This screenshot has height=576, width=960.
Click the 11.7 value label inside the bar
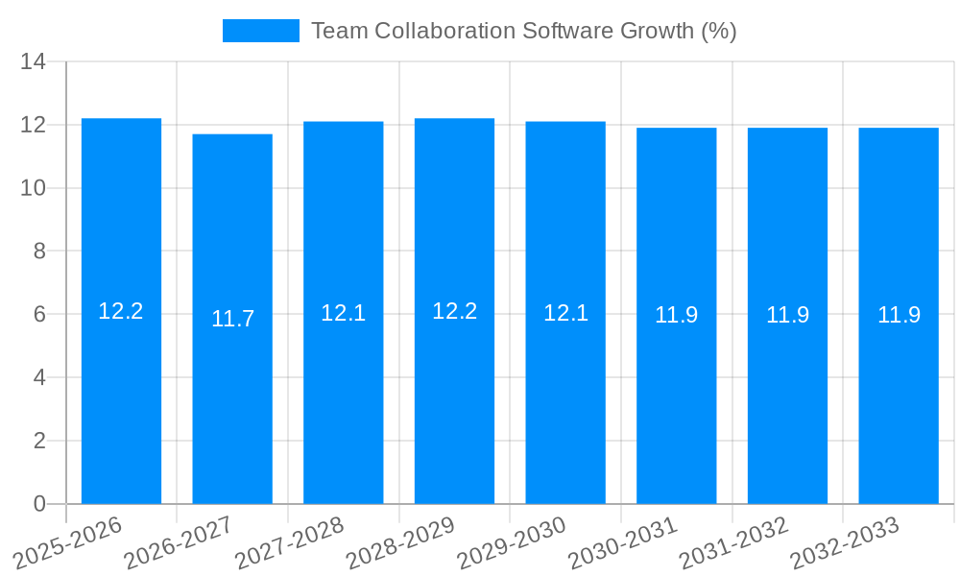pyautogui.click(x=232, y=319)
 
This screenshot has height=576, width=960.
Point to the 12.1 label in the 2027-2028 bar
pyautogui.click(x=343, y=313)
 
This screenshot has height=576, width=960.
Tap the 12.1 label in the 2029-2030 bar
pyautogui.click(x=565, y=313)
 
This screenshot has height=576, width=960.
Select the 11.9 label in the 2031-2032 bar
pyautogui.click(x=787, y=315)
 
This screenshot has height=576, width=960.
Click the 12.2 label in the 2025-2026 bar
pyautogui.click(x=121, y=311)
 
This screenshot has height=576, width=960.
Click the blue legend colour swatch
pyautogui.click(x=260, y=31)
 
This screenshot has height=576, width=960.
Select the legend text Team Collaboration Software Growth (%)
pyautogui.click(x=524, y=31)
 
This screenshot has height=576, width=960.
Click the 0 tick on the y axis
pyautogui.click(x=39, y=504)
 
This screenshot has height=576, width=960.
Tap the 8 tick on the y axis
pyautogui.click(x=39, y=252)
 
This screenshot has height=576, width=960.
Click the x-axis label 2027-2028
pyautogui.click(x=290, y=542)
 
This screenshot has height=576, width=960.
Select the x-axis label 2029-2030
pyautogui.click(x=512, y=542)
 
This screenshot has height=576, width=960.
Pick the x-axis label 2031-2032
pyautogui.click(x=734, y=542)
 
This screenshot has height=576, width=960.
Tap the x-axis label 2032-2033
pyautogui.click(x=845, y=542)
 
